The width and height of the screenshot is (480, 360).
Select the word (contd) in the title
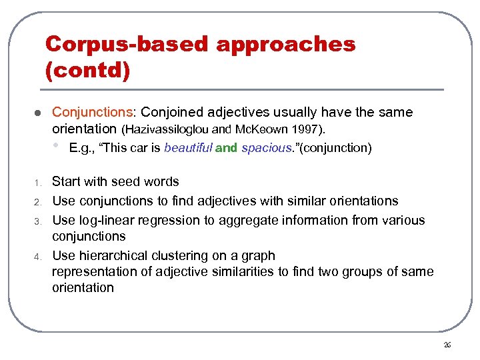pyautogui.click(x=87, y=69)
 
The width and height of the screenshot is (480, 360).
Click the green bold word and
pyautogui.click(x=226, y=148)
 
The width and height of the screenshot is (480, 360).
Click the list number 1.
pyautogui.click(x=39, y=183)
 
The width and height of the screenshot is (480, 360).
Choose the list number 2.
pyautogui.click(x=39, y=202)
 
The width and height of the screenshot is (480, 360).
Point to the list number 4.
pyautogui.click(x=39, y=257)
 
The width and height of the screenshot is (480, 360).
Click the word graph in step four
pyautogui.click(x=259, y=255)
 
